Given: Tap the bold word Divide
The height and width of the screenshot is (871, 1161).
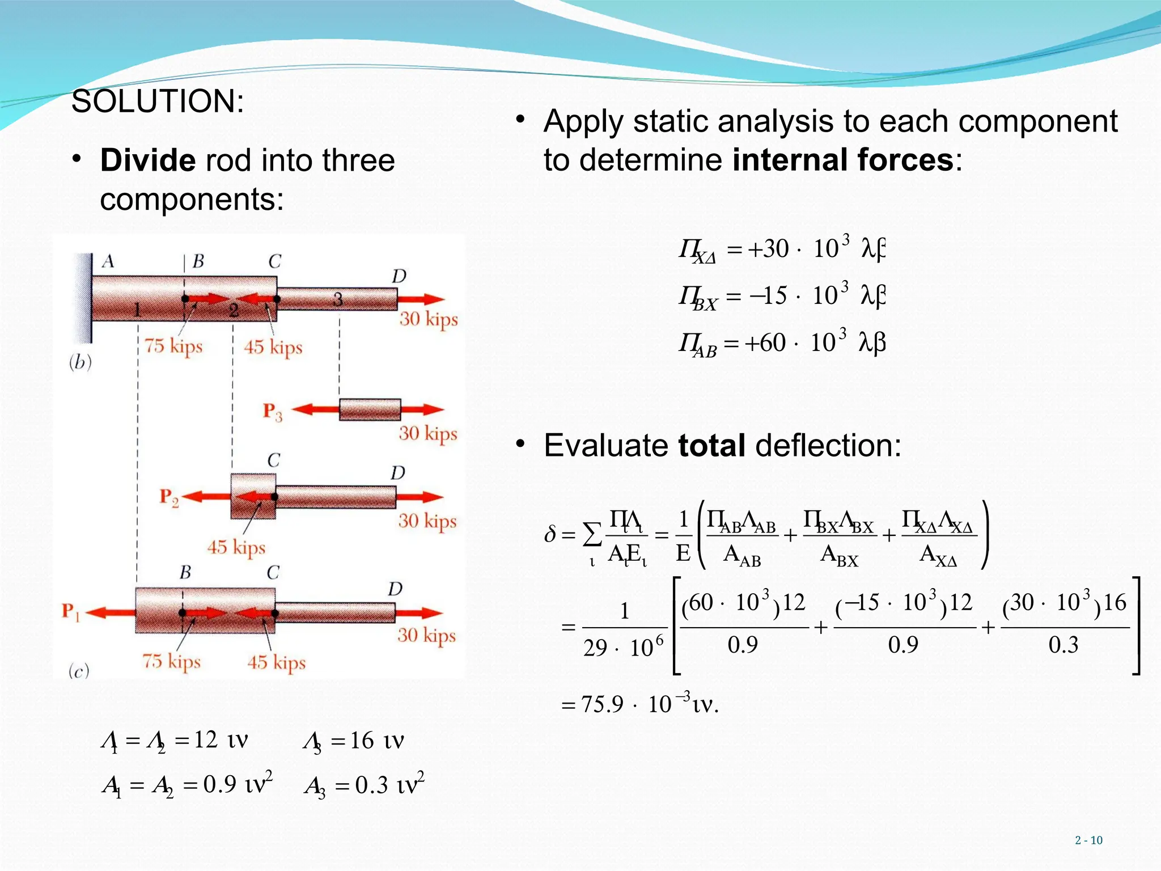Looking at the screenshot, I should pyautogui.click(x=147, y=160).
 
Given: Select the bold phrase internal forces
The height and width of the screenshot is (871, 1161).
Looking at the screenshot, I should pyautogui.click(x=842, y=160).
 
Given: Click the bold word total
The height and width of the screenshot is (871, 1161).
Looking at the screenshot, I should pyautogui.click(x=711, y=446).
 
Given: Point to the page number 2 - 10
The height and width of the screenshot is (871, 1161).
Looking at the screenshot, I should pyautogui.click(x=1088, y=840).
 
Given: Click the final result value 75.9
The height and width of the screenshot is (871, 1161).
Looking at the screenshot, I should pyautogui.click(x=602, y=705).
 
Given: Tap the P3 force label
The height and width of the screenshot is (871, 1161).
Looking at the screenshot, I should pyautogui.click(x=272, y=412).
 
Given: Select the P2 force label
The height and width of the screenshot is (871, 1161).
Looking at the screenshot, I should pyautogui.click(x=169, y=497).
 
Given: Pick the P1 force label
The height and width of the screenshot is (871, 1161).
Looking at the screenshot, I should pyautogui.click(x=71, y=612).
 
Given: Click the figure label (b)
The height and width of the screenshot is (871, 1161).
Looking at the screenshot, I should pyautogui.click(x=80, y=362).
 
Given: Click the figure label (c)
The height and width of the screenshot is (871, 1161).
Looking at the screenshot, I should pyautogui.click(x=79, y=671).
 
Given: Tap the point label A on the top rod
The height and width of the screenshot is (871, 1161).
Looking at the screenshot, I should pyautogui.click(x=108, y=261).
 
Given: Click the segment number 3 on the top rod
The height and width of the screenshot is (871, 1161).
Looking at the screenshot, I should pyautogui.click(x=338, y=299).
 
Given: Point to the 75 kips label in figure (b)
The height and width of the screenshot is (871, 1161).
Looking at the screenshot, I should pyautogui.click(x=173, y=345).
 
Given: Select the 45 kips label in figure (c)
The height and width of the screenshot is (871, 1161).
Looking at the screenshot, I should pyautogui.click(x=276, y=662).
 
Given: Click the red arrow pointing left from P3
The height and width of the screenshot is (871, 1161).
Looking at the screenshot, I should pyautogui.click(x=315, y=409).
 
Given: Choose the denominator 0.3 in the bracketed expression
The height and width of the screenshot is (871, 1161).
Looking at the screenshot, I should pyautogui.click(x=1063, y=645).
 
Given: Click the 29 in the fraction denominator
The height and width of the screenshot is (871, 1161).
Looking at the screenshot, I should pyautogui.click(x=595, y=648).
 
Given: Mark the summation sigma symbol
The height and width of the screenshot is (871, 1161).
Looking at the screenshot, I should pyautogui.click(x=592, y=534).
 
